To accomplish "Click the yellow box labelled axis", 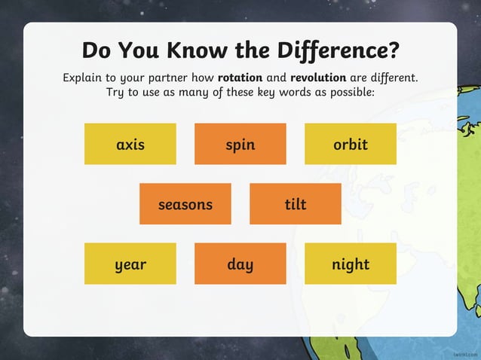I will pos(130,144).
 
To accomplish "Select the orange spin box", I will pos(240,144).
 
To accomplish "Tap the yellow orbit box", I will pos(351,144).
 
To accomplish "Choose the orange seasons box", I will pos(185,204).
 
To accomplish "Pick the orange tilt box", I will pos(296,204).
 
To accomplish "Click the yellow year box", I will pos(130,264).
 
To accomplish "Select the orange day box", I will pos(240,264).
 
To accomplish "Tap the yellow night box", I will pos(351,264).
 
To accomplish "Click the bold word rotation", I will pos(241,78).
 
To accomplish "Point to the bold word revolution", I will pos(317,78).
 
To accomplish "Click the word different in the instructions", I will pos(391,78).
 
